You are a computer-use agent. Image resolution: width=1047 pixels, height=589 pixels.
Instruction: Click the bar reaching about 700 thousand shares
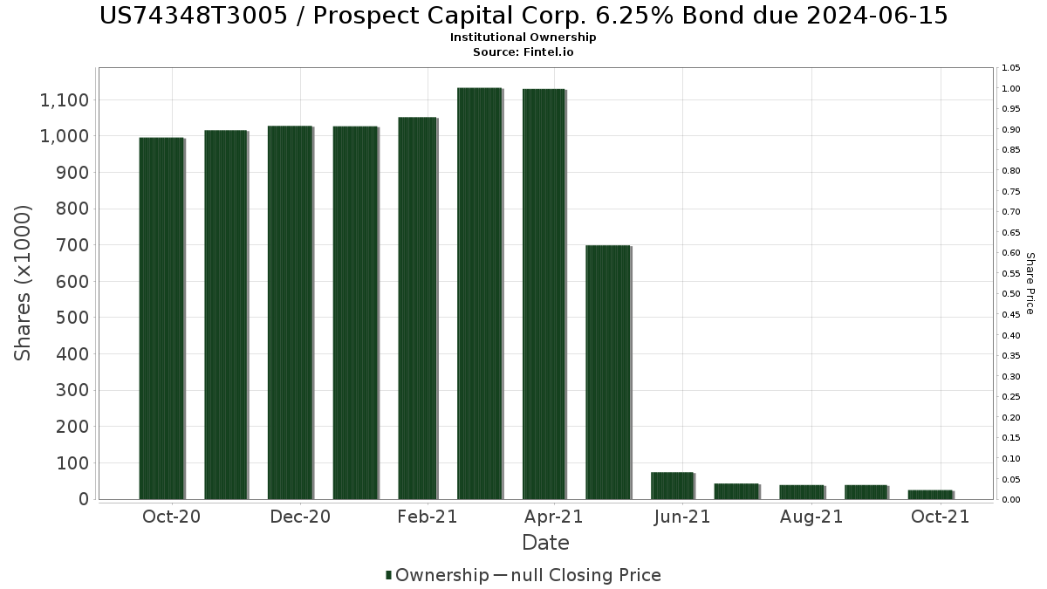pyautogui.click(x=608, y=372)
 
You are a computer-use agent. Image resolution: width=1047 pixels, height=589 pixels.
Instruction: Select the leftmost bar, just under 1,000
pyautogui.click(x=161, y=318)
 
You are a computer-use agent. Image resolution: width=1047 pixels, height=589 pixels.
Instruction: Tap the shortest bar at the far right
pyautogui.click(x=931, y=495)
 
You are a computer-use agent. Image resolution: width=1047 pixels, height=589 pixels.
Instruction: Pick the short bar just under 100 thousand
pyautogui.click(x=673, y=486)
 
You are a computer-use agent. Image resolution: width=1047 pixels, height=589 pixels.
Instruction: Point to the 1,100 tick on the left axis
pyautogui.click(x=64, y=100)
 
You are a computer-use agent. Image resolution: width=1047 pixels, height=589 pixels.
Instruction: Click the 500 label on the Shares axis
pyautogui.click(x=72, y=318)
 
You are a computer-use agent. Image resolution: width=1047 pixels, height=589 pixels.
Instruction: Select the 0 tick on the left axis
pyautogui.click(x=84, y=499)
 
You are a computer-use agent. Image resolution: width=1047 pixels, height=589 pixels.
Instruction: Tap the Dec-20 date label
pyautogui.click(x=300, y=517)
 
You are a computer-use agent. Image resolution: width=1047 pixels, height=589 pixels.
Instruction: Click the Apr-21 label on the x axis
pyautogui.click(x=554, y=517)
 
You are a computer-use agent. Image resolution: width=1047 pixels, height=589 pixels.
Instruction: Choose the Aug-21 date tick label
pyautogui.click(x=811, y=517)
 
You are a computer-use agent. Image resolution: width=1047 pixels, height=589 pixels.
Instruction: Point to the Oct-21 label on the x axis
pyautogui.click(x=941, y=517)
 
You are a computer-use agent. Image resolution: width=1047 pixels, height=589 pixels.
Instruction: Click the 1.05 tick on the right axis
pyautogui.click(x=1011, y=68)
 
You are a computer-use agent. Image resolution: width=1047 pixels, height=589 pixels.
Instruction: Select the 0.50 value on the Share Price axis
pyautogui.click(x=1011, y=294)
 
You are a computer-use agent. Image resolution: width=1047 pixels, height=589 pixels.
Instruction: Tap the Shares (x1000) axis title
pyautogui.click(x=23, y=284)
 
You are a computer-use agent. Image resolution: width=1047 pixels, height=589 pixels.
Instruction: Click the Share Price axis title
pyautogui.click(x=1030, y=284)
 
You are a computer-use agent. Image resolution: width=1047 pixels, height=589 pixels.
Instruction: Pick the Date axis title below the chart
pyautogui.click(x=545, y=543)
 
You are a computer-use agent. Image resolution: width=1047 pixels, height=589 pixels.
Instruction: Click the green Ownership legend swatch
pyautogui.click(x=388, y=575)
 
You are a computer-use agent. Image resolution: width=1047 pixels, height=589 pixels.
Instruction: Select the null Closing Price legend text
pyautogui.click(x=586, y=575)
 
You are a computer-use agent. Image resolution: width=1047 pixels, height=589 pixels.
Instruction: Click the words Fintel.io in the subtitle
pyautogui.click(x=548, y=51)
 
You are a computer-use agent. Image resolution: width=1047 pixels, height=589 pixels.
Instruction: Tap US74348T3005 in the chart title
pyautogui.click(x=194, y=16)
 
